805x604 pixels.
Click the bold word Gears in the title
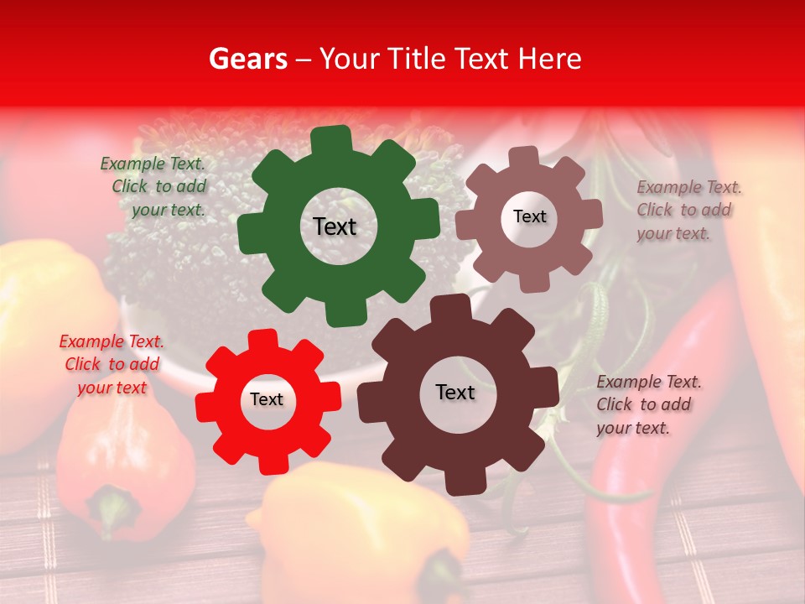pos(247,59)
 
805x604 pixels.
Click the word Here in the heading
pos(550,59)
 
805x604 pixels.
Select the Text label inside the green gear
pos(335,226)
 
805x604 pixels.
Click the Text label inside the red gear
pos(267,399)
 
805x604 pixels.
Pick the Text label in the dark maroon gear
pos(455,392)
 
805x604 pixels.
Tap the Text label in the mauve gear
pos(529,216)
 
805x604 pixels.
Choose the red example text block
pos(112,364)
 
